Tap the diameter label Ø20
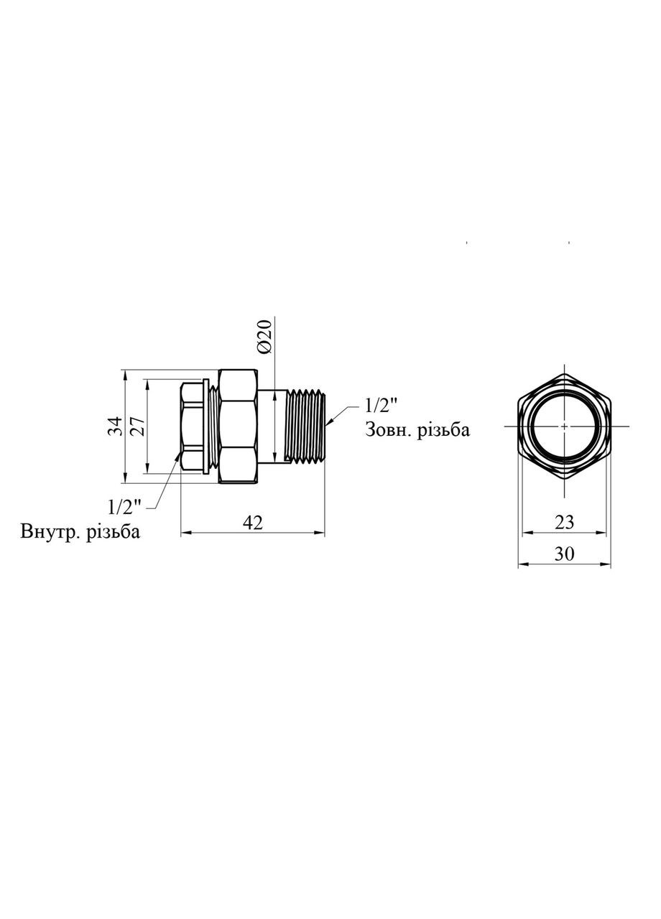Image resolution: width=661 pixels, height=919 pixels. [264, 335]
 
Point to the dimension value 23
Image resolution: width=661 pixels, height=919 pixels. [565, 522]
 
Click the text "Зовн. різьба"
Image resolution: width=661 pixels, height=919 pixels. [417, 429]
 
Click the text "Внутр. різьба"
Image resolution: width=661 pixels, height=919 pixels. [80, 532]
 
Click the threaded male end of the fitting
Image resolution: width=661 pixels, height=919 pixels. [305, 426]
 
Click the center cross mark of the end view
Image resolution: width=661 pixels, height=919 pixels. [565, 426]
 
